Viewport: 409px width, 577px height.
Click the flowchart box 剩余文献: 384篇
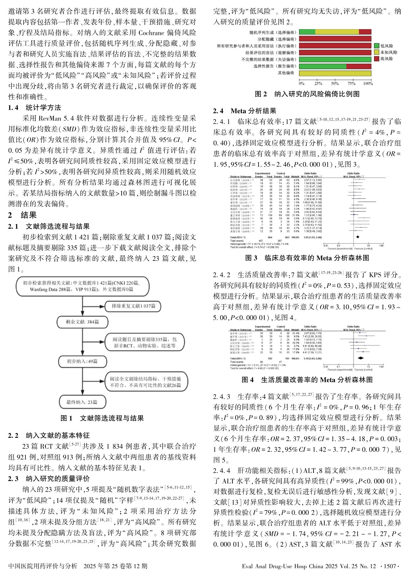(82, 322)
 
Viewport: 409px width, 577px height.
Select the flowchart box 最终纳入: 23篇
(82, 402)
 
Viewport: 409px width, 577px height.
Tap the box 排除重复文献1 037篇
(133, 306)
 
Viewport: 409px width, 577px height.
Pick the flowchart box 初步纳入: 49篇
(82, 361)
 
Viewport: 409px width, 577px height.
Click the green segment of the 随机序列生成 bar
(307, 32)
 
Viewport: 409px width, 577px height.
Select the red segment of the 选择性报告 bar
(359, 66)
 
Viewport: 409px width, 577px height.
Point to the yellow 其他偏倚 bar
(335, 73)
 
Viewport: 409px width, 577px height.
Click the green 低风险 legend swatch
(376, 46)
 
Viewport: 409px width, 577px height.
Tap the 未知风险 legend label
(388, 52)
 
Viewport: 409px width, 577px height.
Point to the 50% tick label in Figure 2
(335, 84)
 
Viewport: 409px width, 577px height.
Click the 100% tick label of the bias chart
(368, 84)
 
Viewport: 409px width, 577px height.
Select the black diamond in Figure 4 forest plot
(361, 358)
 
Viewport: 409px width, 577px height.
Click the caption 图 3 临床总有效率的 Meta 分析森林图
(307, 258)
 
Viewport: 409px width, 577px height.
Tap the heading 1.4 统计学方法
(35, 108)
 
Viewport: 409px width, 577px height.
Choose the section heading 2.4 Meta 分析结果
(245, 111)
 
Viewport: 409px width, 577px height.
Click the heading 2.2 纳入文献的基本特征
(49, 435)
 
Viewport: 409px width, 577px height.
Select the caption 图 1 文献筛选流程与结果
(102, 418)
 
